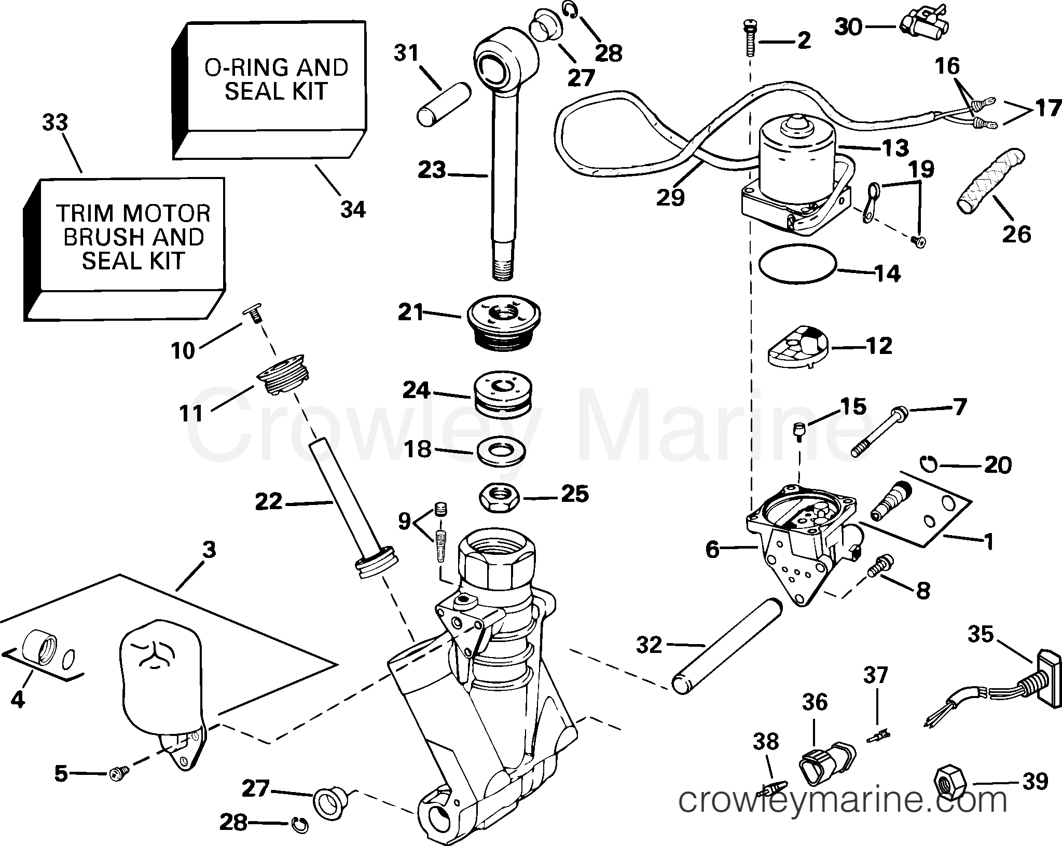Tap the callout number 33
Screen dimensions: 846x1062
click(x=54, y=124)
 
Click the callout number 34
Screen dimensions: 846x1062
click(x=353, y=209)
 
